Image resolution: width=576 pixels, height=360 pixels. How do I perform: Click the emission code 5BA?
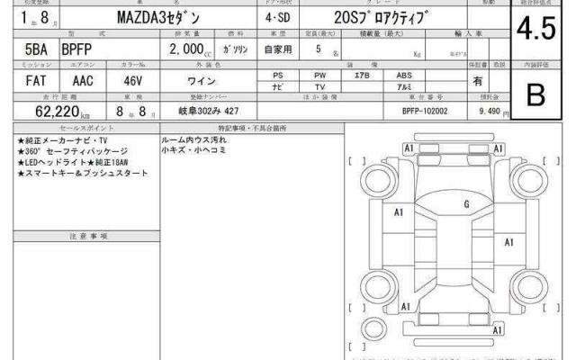tap(26, 50)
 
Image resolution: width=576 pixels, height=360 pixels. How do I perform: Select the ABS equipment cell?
tap(405, 75)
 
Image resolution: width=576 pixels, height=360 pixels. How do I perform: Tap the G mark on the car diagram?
tap(466, 204)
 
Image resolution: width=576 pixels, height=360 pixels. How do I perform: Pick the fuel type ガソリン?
tap(236, 51)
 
